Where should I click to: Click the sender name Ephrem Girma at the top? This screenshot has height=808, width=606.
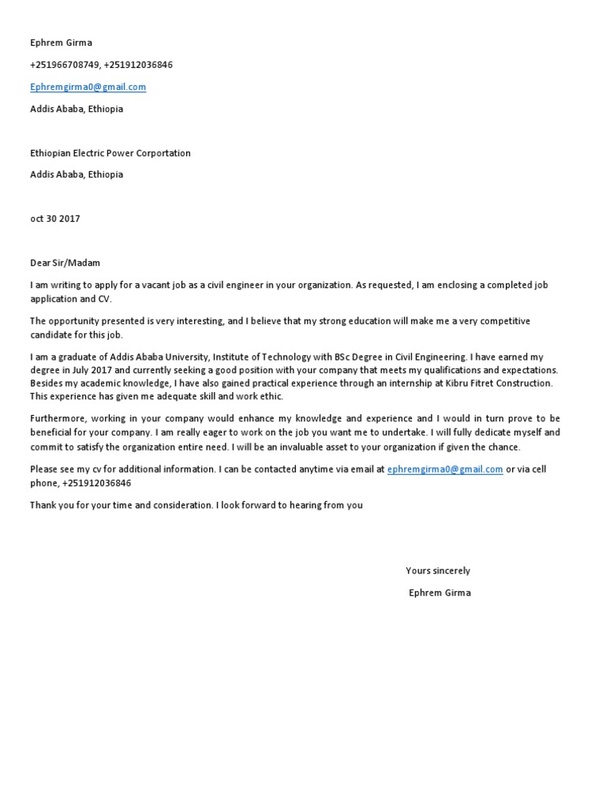click(61, 43)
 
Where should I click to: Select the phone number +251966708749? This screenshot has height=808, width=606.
click(64, 65)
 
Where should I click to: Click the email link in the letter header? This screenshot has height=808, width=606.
click(88, 87)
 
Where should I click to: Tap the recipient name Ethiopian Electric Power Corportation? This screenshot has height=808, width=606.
click(110, 153)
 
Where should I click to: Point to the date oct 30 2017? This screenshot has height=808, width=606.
click(54, 219)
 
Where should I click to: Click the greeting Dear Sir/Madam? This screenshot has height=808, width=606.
click(65, 263)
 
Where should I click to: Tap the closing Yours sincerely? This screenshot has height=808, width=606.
click(438, 570)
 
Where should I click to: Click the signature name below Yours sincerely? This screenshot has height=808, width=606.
click(440, 593)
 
